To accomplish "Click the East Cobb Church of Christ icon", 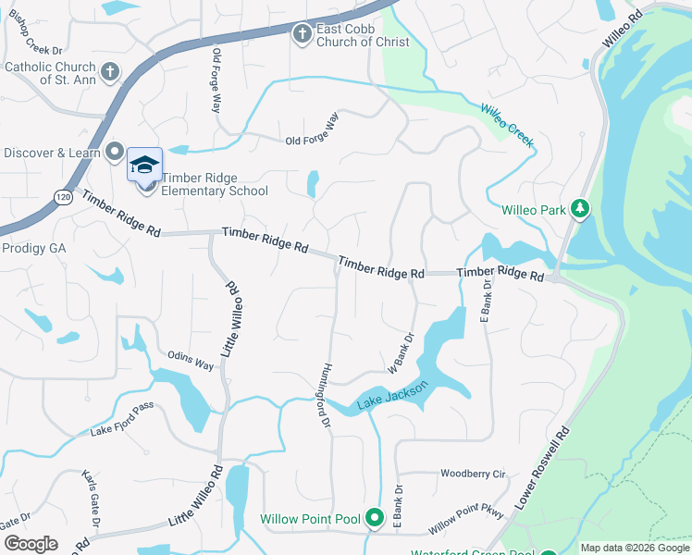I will (302, 35).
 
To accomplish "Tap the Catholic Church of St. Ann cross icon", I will (109, 71).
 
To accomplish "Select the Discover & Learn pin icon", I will (115, 151).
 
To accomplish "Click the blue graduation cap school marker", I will (144, 165).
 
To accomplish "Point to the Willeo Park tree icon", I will (580, 209).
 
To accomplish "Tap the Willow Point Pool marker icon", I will (374, 518).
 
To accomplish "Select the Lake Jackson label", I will (393, 396).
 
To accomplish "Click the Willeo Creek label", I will (506, 124).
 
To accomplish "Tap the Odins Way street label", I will (191, 361).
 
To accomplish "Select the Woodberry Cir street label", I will (473, 474).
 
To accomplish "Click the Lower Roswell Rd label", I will (542, 469).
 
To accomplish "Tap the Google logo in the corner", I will (31, 544).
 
